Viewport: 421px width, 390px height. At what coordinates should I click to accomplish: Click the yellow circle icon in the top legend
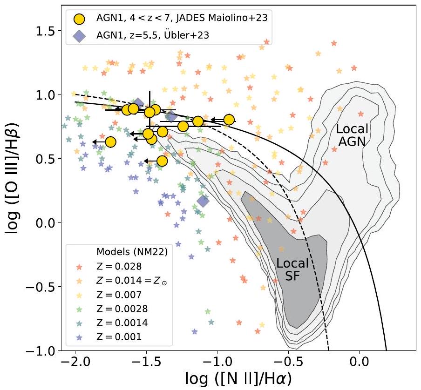pos(80,19)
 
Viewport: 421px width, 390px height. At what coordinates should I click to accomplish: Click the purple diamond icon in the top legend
pos(80,37)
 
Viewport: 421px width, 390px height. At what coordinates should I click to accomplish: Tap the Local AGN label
pos(353,135)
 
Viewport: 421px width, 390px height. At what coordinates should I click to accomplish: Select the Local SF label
pos(292,269)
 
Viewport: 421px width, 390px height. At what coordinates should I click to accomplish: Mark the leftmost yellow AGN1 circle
pos(110,141)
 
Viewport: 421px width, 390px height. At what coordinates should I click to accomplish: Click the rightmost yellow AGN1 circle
pos(229,120)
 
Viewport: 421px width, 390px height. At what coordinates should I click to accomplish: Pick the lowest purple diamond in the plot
pos(203,201)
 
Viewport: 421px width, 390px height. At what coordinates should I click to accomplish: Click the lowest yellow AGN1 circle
pos(162,161)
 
